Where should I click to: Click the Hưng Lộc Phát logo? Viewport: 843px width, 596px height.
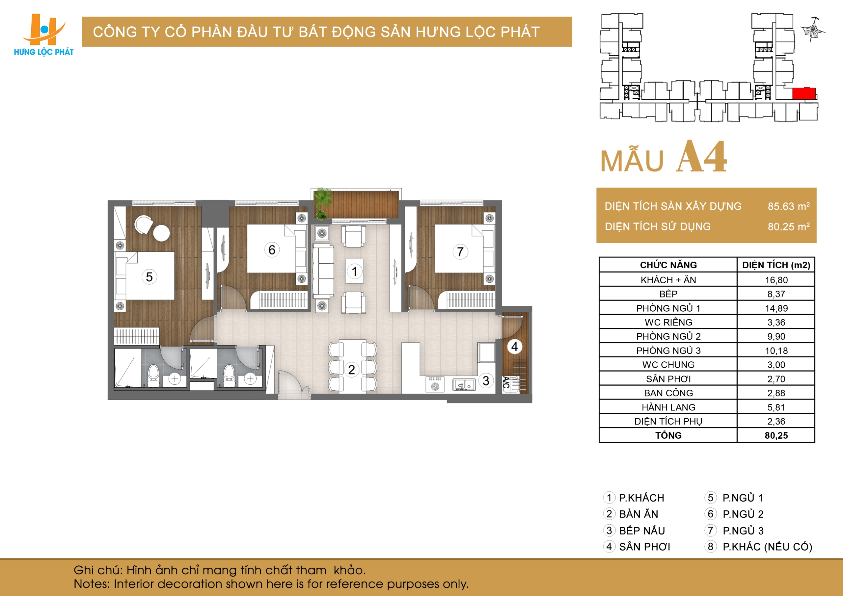tap(44, 35)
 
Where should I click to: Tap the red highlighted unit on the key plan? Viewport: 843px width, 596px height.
tap(804, 93)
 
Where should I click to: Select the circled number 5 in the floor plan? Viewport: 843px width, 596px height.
tap(149, 277)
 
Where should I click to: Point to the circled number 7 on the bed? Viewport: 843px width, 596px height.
tap(460, 252)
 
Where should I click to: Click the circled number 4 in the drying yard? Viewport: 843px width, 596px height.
tap(514, 347)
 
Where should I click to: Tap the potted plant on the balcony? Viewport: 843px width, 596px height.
tap(323, 204)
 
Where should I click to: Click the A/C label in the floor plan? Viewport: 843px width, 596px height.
tap(506, 382)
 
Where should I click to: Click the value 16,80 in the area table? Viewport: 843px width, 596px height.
tap(776, 280)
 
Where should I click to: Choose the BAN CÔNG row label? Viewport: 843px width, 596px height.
tap(668, 393)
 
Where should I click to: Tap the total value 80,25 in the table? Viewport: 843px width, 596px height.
tap(776, 436)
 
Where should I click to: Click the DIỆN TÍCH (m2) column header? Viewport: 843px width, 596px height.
tap(776, 265)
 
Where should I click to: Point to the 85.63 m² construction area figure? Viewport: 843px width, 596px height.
tap(789, 206)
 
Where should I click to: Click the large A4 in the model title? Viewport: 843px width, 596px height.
tap(702, 157)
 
